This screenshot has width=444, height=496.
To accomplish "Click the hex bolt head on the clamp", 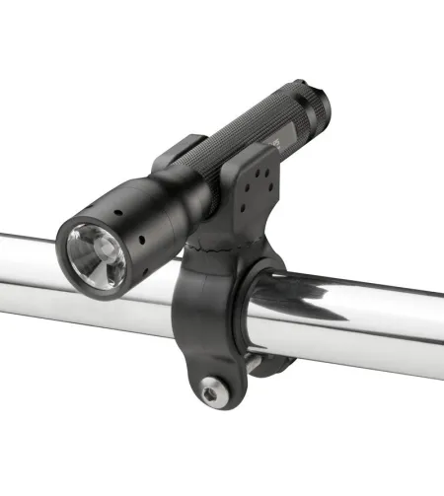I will tap(211, 390).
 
